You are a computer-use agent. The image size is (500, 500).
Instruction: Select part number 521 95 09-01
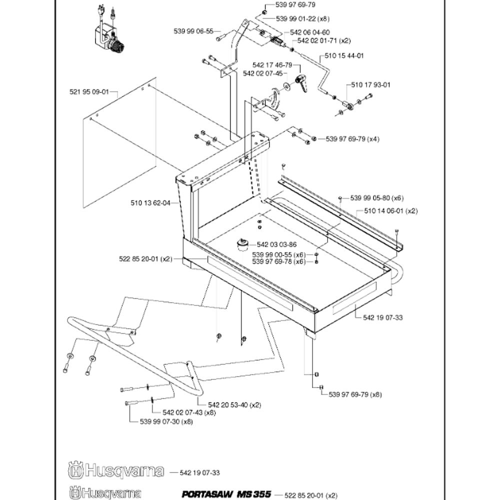(89, 92)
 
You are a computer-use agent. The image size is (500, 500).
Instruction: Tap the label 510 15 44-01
(344, 56)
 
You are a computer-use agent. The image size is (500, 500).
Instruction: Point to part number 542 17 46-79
(272, 65)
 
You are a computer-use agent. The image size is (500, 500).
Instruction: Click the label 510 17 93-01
(370, 85)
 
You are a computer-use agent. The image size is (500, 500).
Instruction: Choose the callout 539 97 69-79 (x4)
(352, 139)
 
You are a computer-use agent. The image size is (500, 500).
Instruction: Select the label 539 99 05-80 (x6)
(377, 198)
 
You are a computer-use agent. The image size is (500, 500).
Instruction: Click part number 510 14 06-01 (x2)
(391, 211)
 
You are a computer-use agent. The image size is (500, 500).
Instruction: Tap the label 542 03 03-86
(276, 244)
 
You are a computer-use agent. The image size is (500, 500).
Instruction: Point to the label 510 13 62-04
(150, 203)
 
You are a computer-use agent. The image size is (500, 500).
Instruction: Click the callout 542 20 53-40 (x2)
(234, 405)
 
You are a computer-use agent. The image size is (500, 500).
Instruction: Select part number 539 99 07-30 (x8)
(166, 421)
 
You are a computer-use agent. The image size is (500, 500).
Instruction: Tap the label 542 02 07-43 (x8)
(189, 412)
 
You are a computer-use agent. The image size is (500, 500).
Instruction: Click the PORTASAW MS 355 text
(226, 494)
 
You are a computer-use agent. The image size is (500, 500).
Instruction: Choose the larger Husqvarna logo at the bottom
(116, 470)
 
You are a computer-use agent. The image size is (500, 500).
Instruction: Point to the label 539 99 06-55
(193, 31)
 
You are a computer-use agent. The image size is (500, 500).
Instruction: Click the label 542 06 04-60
(310, 32)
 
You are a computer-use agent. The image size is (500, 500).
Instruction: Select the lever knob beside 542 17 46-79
(301, 83)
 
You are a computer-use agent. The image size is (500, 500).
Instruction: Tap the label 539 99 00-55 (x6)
(278, 255)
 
